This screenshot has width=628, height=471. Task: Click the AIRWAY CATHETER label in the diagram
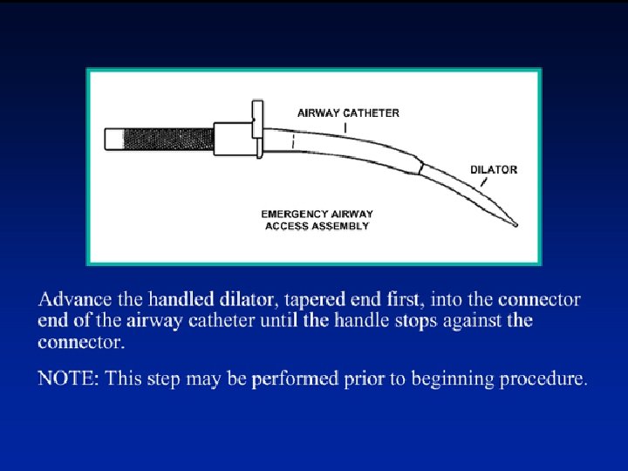[x=348, y=113]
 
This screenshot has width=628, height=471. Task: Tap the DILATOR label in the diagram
[x=493, y=169]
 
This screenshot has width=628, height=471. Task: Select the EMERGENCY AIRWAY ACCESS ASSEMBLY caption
[x=317, y=219]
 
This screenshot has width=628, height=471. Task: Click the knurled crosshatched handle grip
[x=170, y=139]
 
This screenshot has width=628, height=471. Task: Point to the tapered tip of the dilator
[x=514, y=223]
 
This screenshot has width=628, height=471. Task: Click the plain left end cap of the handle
[x=114, y=139]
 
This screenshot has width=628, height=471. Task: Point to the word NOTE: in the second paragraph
[x=69, y=379]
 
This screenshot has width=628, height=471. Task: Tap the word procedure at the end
[x=549, y=379]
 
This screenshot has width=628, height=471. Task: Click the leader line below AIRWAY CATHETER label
[x=347, y=127]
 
